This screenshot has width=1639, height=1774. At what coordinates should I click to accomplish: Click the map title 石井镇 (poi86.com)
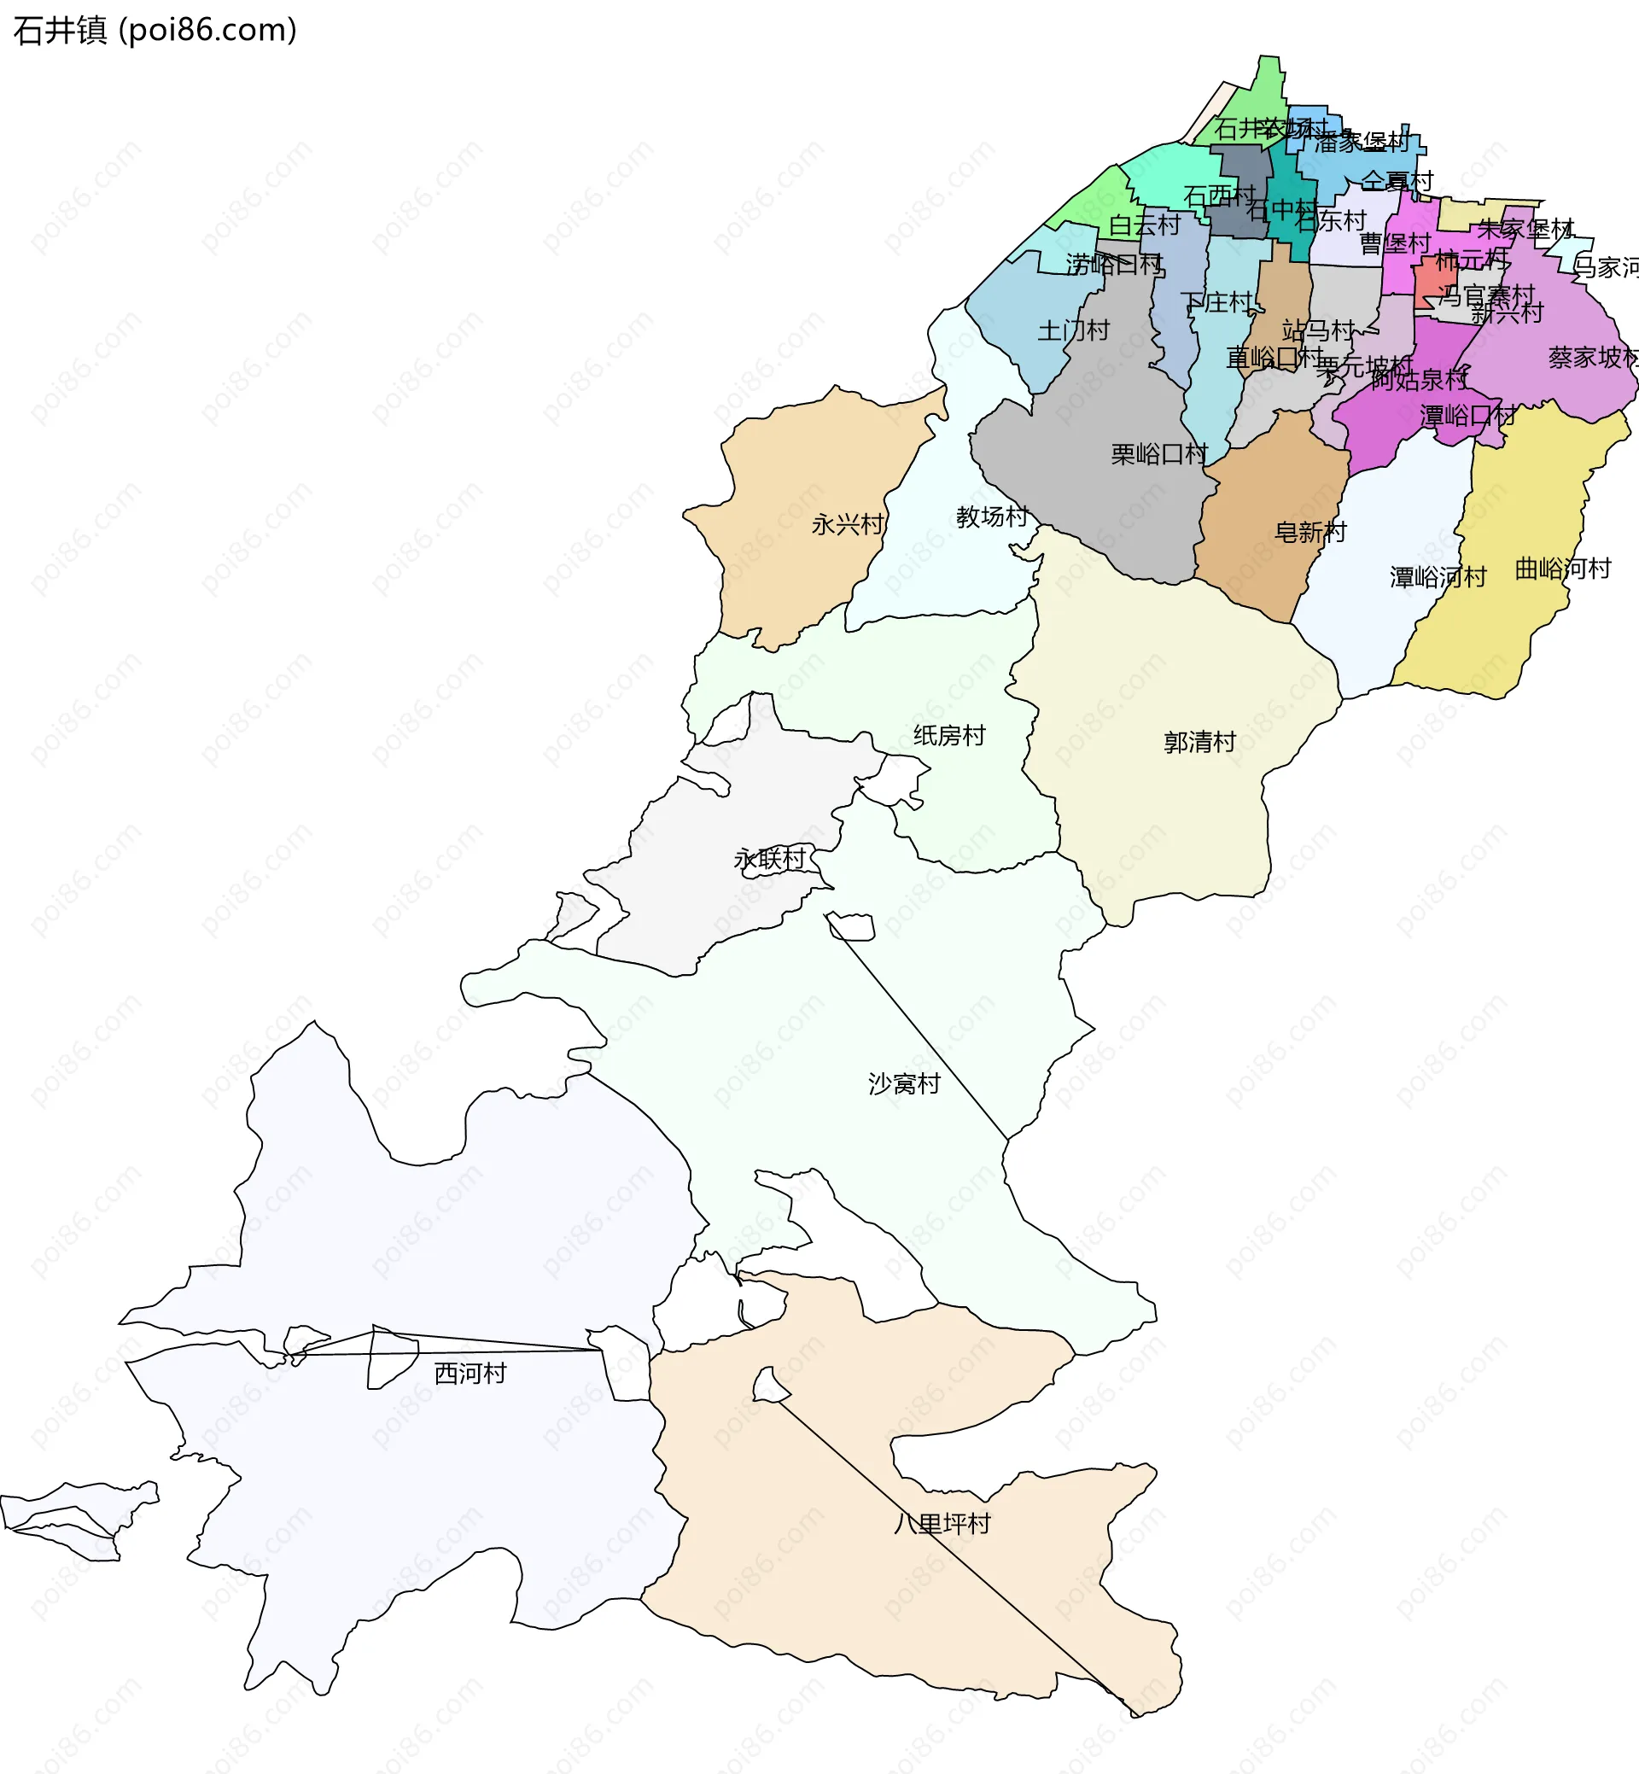coord(155,30)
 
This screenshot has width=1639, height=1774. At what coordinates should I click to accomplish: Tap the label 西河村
coord(470,1373)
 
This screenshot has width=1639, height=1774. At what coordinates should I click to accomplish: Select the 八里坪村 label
coord(942,1524)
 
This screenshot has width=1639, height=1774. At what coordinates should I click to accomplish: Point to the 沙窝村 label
coord(904,1084)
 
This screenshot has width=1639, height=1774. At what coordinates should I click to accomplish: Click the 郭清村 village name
coord(1199,743)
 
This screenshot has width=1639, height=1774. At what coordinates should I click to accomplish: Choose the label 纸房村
coord(949,735)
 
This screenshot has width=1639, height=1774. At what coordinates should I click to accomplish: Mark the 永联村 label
coord(770,859)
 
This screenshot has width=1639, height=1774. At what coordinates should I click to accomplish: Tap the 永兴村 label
coord(848,524)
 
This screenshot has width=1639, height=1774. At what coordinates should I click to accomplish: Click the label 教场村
coord(992,516)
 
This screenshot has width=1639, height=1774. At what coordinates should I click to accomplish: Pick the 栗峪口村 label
coord(1159,454)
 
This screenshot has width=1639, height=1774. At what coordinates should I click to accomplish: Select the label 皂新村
coord(1310,532)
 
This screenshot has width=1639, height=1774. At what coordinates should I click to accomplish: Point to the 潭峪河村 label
coord(1438,577)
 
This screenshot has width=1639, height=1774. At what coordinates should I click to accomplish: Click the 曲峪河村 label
coord(1563,569)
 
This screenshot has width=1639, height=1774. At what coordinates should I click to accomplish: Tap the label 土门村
coord(1073,331)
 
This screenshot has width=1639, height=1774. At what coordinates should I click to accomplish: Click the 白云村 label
coord(1144,225)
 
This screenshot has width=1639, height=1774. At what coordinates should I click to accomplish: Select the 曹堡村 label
coord(1395,243)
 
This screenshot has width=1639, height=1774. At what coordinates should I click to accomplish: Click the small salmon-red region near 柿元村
coord(1434,282)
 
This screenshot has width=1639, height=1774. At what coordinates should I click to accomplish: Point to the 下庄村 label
coord(1216,302)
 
